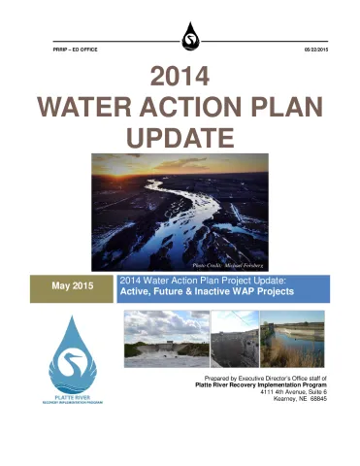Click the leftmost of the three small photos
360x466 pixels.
pyautogui.click(x=166, y=337)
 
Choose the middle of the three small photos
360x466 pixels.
pyautogui.click(x=235, y=337)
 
